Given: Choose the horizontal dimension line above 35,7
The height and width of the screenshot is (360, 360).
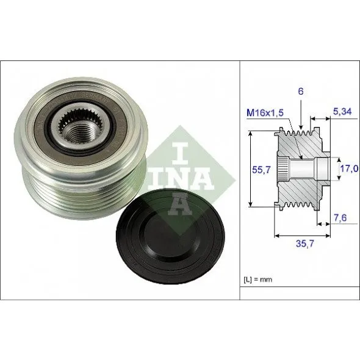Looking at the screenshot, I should [x=304, y=234].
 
